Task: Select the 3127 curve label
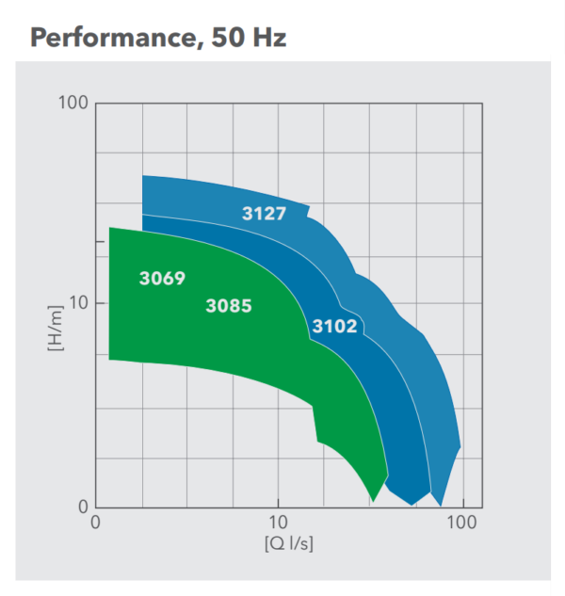click(x=264, y=214)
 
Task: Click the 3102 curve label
click(x=334, y=327)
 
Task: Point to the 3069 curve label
click(x=162, y=279)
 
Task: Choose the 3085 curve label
click(x=229, y=305)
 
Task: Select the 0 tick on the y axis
click(x=83, y=507)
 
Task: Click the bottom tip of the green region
click(x=374, y=502)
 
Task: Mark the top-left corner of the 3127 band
click(x=143, y=176)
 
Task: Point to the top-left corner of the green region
click(x=110, y=228)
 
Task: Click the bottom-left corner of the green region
click(x=110, y=359)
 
